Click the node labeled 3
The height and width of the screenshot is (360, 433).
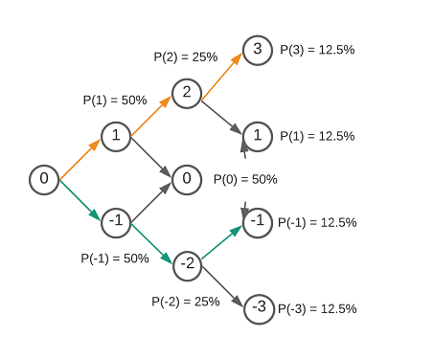point(257,50)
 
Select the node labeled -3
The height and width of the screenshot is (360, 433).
point(257,307)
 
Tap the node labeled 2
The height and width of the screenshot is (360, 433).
point(186,93)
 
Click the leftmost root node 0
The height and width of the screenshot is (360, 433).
point(43,179)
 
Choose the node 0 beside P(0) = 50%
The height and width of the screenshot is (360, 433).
point(186,179)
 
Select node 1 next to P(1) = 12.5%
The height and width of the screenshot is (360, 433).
point(257,135)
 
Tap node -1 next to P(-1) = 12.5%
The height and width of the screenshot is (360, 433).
point(257,222)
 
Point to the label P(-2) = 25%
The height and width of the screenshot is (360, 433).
point(186,301)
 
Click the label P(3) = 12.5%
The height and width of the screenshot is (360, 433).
point(317,50)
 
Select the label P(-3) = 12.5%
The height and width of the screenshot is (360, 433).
point(317,308)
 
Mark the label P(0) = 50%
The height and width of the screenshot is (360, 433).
point(244,179)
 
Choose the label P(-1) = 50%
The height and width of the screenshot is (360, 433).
point(116,258)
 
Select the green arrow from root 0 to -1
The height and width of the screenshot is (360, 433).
point(80,200)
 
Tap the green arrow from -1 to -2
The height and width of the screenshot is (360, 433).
point(150,243)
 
